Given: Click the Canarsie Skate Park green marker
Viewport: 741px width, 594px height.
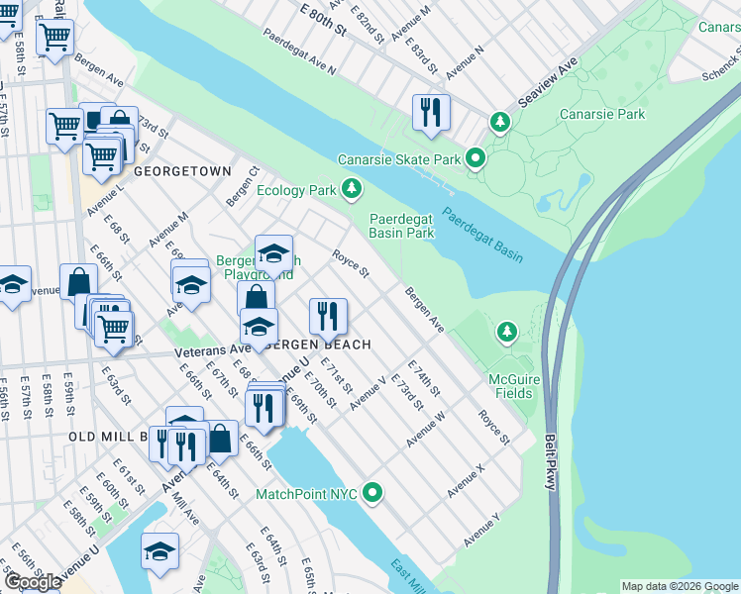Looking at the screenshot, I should pyautogui.click(x=476, y=158).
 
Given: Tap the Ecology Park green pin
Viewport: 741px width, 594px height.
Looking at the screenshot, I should pyautogui.click(x=350, y=188).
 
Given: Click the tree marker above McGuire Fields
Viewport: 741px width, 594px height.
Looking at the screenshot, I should pyautogui.click(x=507, y=331).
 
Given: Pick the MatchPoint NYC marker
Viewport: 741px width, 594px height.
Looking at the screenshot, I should pyautogui.click(x=373, y=491).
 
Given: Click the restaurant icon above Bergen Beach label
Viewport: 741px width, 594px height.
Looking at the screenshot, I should pyautogui.click(x=328, y=317).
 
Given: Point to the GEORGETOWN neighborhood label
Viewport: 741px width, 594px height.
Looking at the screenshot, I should pyautogui.click(x=182, y=171).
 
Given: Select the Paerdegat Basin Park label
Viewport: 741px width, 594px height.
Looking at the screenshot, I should pyautogui.click(x=402, y=226).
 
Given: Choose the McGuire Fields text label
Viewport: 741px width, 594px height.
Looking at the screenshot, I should pyautogui.click(x=510, y=386).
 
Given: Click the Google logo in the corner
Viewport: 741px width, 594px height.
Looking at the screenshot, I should pyautogui.click(x=34, y=582).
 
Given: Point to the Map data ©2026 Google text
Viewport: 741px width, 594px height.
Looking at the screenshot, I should pyautogui.click(x=679, y=586).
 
